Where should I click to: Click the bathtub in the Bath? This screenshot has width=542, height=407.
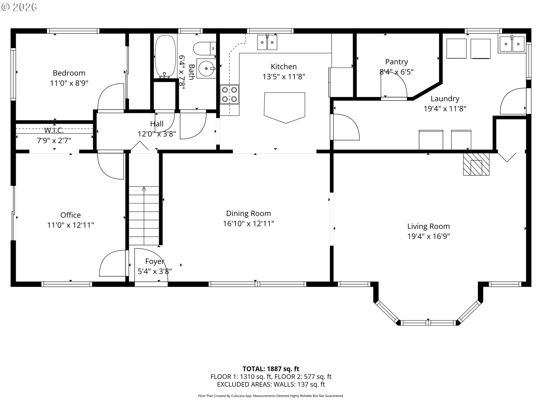(165, 56)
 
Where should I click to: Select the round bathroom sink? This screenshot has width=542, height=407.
(206, 68)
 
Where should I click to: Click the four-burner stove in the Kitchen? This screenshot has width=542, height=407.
(230, 94)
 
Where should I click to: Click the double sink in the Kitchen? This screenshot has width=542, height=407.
(267, 42)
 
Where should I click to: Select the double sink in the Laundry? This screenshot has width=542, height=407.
(512, 44)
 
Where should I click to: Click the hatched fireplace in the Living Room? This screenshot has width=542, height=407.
(476, 164)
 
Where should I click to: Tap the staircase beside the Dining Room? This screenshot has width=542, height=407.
(144, 215)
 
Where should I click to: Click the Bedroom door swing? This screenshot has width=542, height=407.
(111, 96)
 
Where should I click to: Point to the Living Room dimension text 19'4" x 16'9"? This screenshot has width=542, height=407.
(429, 236)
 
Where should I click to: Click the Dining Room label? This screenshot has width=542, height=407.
(248, 213)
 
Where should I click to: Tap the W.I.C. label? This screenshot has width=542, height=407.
(54, 131)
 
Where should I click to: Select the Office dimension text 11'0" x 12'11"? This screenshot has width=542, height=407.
(71, 225)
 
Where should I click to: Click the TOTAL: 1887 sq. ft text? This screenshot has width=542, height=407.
(271, 369)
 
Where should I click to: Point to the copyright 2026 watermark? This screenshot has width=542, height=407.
(19, 7)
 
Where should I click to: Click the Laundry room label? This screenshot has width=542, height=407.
(445, 99)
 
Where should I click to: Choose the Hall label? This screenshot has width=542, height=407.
(157, 124)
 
